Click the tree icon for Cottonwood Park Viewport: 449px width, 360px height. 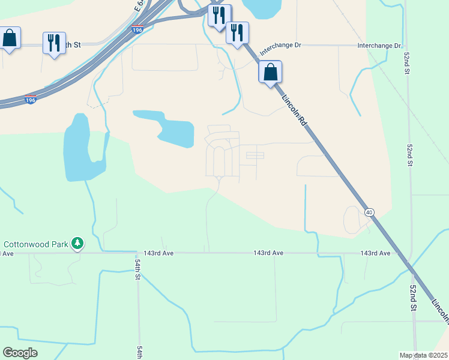point(77,243)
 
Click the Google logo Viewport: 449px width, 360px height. point(20,353)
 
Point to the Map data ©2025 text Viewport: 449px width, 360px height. point(423,355)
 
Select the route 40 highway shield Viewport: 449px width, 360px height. point(369,212)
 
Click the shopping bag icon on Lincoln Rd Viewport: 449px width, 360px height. point(271,72)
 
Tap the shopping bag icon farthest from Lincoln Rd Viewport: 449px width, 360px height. point(10,38)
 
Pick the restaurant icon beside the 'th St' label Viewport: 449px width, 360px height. point(54,43)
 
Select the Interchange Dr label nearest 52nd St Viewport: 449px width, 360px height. point(379,46)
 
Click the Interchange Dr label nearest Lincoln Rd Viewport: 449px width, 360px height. point(280,46)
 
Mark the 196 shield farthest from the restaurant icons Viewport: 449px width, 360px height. point(30,100)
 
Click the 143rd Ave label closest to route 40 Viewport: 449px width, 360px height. point(375,254)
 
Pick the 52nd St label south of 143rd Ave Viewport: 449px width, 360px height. point(413,298)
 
